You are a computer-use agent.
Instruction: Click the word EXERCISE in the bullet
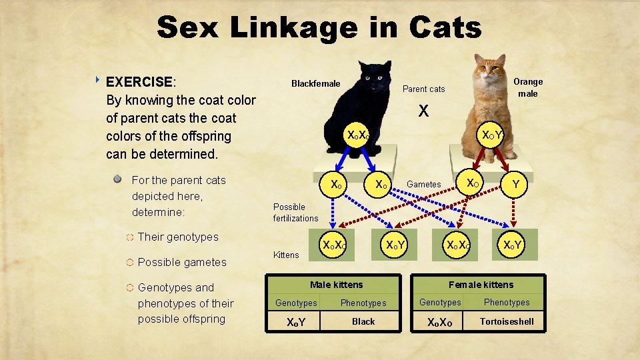[x=139, y=82]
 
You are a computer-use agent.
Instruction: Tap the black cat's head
[x=375, y=78]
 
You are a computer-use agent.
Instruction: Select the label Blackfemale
[x=315, y=84]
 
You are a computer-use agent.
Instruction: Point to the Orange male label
[x=528, y=87]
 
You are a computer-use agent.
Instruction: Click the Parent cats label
[x=423, y=89]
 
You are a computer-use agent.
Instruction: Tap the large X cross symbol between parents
[x=423, y=111]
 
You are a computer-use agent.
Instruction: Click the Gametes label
[x=424, y=184]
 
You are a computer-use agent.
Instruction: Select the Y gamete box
[x=514, y=184]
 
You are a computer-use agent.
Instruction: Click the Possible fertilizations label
[x=295, y=213]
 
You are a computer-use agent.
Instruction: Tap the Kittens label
[x=286, y=255]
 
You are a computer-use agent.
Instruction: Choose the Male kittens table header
[x=337, y=285]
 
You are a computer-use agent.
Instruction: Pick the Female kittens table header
[x=481, y=285]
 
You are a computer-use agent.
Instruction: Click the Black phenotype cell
[x=363, y=321]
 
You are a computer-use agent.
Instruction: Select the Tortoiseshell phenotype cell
[x=507, y=321]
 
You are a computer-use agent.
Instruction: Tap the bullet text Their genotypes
[x=178, y=237]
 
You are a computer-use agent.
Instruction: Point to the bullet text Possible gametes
[x=182, y=262]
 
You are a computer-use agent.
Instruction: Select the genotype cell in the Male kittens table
[x=296, y=322]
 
